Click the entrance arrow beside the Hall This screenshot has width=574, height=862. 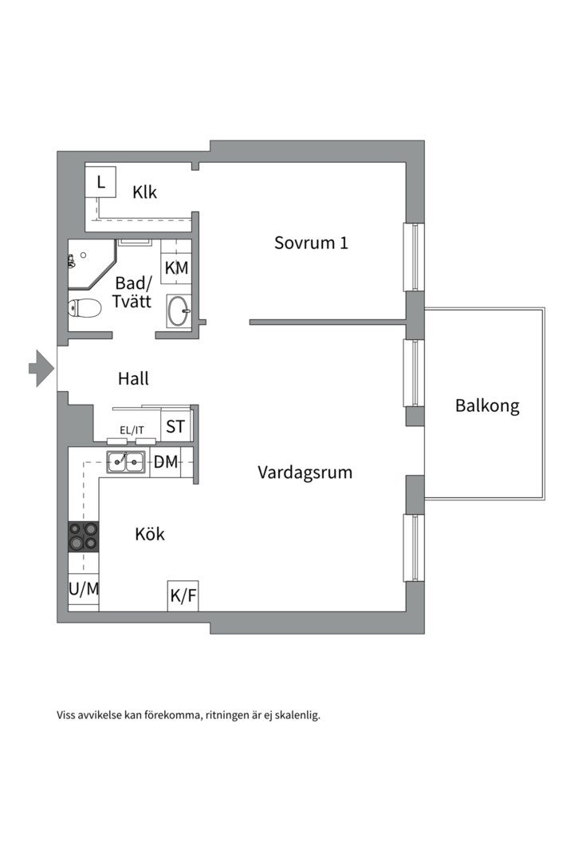41,368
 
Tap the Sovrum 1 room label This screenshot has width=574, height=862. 311,243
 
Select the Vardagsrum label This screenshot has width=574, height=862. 305,472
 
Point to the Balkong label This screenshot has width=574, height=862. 487,405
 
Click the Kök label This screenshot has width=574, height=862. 150,534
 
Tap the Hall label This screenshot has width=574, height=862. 133,378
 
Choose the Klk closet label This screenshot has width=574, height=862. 145,192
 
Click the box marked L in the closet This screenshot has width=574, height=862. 101,183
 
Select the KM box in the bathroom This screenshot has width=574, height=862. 176,268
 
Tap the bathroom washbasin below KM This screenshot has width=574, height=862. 179,310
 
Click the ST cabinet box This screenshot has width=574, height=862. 175,426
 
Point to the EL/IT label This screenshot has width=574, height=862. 132,430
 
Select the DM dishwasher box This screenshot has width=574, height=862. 166,461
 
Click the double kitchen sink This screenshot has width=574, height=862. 126,461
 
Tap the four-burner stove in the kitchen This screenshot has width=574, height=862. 84,536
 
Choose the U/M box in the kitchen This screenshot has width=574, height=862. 84,589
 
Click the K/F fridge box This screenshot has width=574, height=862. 183,595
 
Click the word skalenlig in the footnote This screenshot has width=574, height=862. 295,715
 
